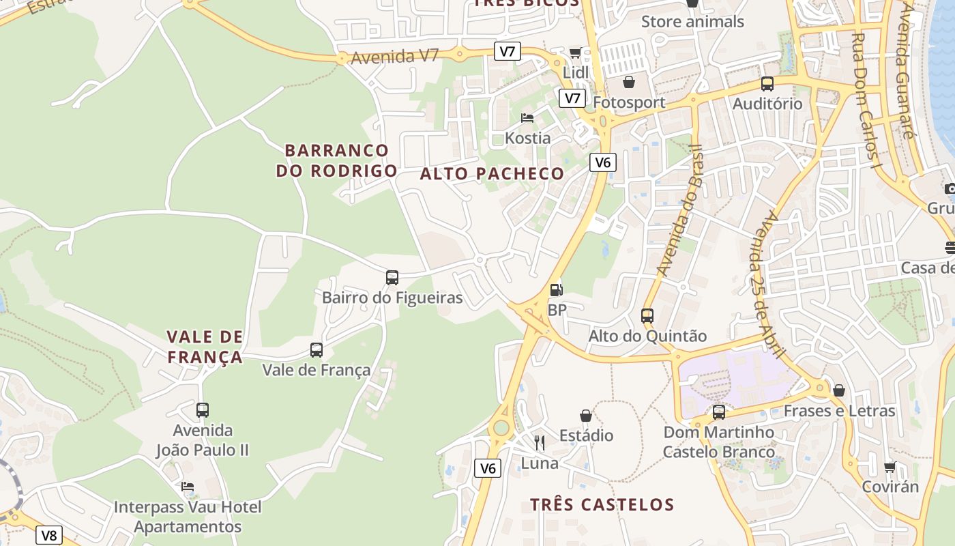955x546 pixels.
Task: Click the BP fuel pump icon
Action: tap(557, 290)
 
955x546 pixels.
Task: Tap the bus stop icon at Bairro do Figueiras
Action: tap(392, 278)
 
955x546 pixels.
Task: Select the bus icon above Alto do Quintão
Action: tap(647, 316)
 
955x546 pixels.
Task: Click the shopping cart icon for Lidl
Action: tap(576, 53)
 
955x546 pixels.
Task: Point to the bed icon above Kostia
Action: tap(527, 118)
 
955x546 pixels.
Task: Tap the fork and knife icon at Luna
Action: tap(540, 443)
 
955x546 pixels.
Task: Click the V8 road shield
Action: tap(49, 535)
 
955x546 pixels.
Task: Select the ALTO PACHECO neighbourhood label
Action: tap(492, 174)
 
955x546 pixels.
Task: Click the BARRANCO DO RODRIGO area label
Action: tap(336, 160)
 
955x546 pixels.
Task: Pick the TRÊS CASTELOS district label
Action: tap(602, 505)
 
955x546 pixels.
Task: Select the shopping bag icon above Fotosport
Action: tap(629, 83)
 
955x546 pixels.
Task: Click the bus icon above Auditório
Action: tap(767, 84)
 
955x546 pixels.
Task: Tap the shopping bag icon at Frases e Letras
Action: tap(839, 390)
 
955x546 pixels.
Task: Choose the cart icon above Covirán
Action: tap(890, 468)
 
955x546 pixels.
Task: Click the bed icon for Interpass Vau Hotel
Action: tap(188, 487)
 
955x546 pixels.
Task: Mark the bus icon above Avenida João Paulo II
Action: tap(203, 410)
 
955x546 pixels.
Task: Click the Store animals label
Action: tap(692, 22)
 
